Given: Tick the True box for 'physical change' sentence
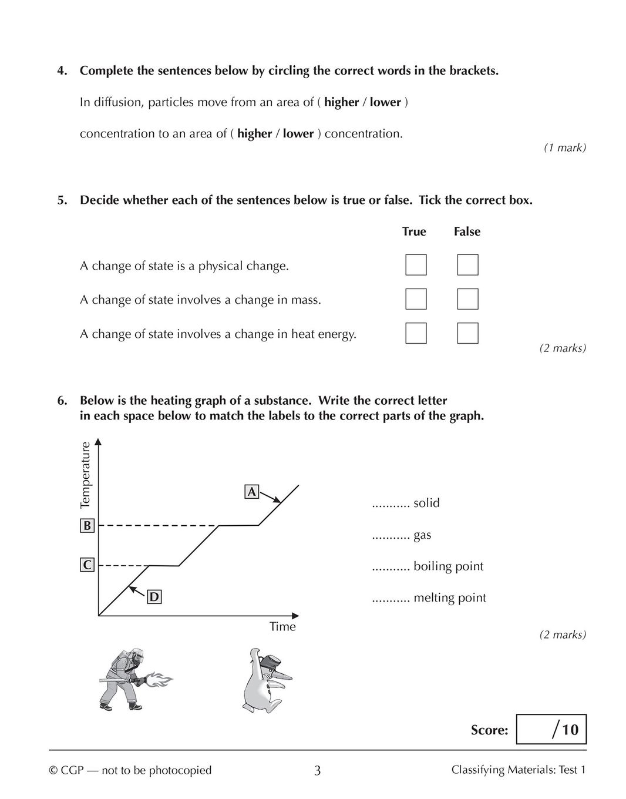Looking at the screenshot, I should (x=416, y=265).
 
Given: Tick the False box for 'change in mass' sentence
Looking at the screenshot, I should (x=467, y=299).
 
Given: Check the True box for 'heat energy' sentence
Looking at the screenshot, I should (x=416, y=333).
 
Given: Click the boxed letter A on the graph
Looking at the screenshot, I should (x=251, y=492).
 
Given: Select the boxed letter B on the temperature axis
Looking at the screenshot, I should (x=87, y=526).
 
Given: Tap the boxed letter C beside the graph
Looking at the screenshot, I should (x=87, y=565).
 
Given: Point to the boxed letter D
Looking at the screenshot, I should (x=153, y=597).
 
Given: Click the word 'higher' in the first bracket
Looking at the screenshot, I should (x=341, y=102).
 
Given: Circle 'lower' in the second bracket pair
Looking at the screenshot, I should (x=298, y=133).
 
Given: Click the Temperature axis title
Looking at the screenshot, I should (x=86, y=475).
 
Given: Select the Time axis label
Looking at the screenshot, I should (x=282, y=627).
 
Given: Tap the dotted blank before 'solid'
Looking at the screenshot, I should (x=390, y=503).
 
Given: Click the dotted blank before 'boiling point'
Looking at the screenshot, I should (x=390, y=567).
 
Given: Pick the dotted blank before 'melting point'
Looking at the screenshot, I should (x=390, y=599).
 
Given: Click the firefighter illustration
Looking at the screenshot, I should (x=133, y=679).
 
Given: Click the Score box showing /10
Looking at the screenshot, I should (x=551, y=730).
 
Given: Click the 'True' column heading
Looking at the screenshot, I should (x=414, y=231).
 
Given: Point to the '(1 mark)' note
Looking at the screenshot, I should (x=564, y=148).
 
